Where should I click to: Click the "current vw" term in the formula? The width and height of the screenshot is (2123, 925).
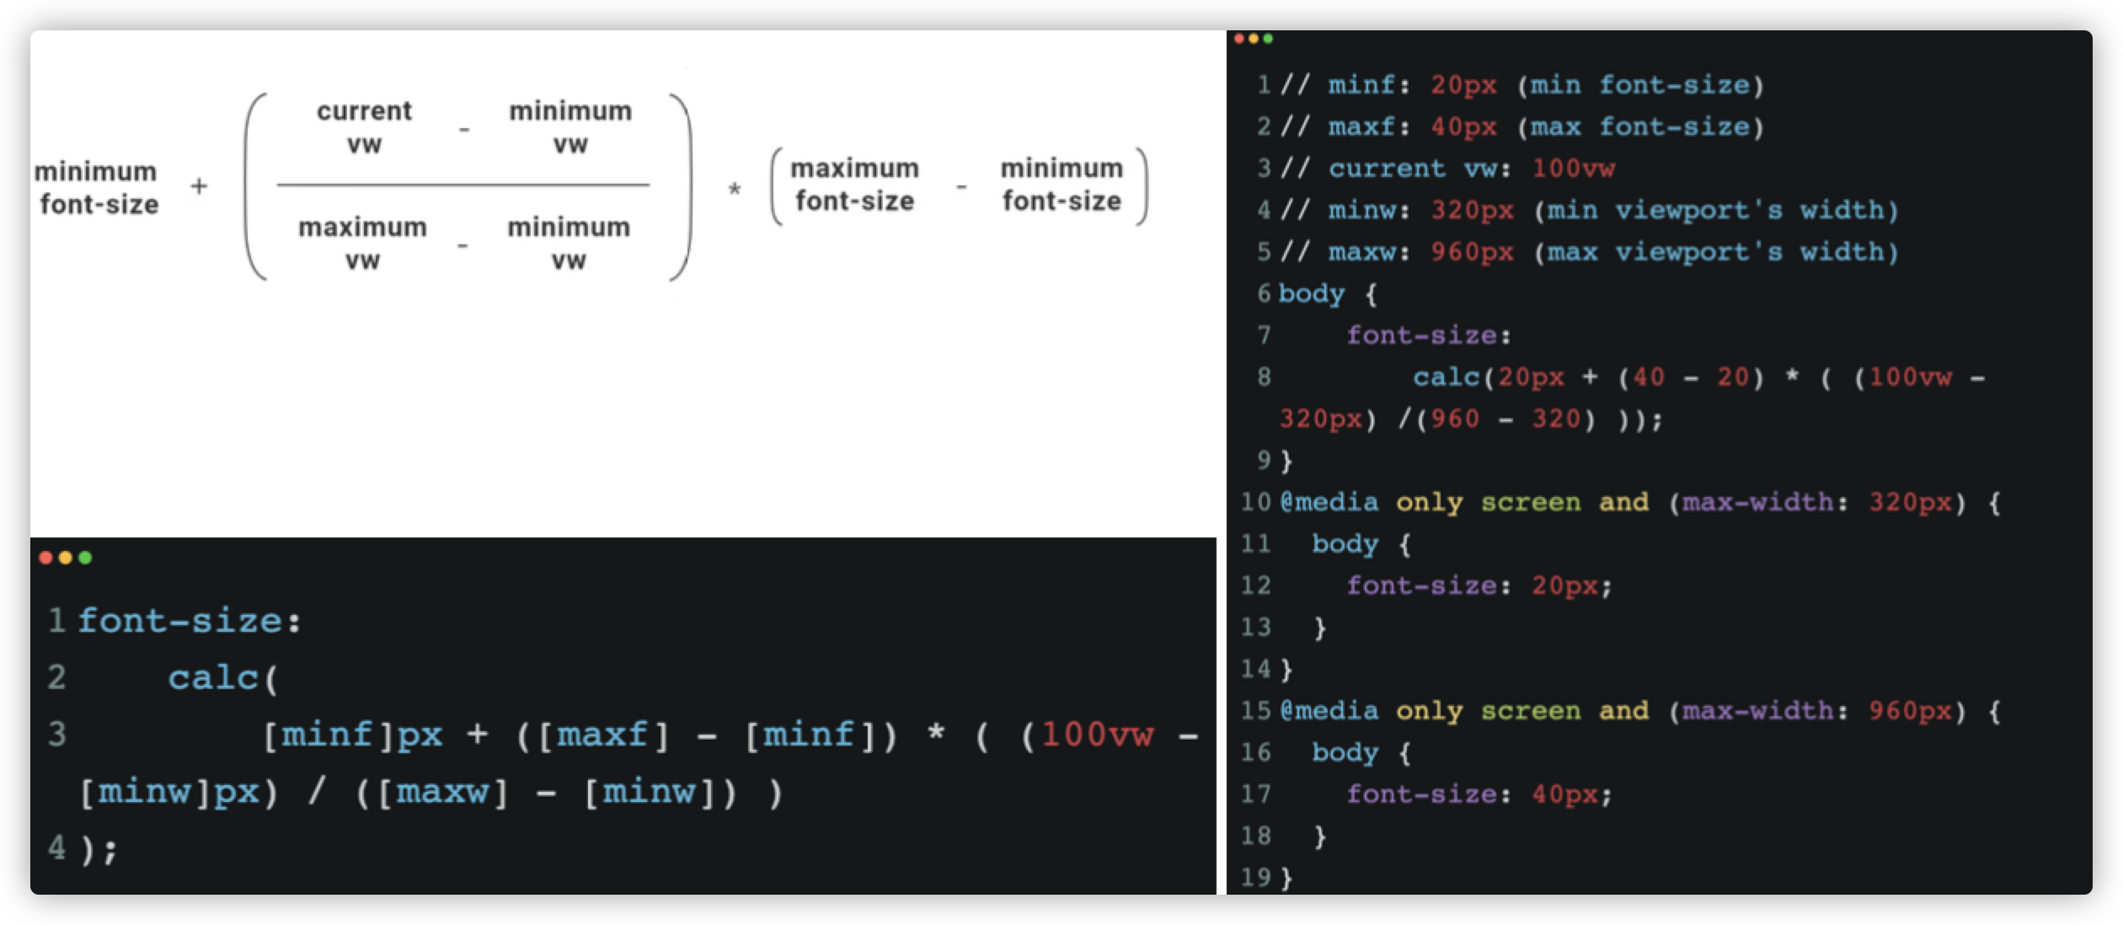tap(364, 127)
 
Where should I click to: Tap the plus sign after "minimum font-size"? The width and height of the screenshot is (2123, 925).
tap(199, 186)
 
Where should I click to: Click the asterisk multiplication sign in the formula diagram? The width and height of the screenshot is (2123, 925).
tap(735, 190)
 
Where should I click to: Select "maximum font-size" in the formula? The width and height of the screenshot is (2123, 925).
tap(854, 184)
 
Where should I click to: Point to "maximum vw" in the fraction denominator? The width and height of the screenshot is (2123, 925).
tap(362, 243)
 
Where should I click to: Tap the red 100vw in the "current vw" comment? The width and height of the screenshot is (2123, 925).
tap(1573, 168)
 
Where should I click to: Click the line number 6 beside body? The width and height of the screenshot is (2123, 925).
tap(1264, 293)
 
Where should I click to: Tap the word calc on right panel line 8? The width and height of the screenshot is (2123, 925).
tap(1447, 377)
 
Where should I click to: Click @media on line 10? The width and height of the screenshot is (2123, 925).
tap(1329, 502)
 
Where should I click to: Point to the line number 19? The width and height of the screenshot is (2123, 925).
tap(1255, 877)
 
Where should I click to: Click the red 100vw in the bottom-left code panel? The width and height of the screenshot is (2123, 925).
tap(1098, 735)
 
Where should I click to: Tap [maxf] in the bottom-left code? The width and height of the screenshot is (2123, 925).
tap(603, 735)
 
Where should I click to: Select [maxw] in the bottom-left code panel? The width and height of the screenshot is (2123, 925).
tap(442, 792)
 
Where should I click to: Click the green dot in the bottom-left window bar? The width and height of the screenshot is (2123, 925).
tap(85, 558)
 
